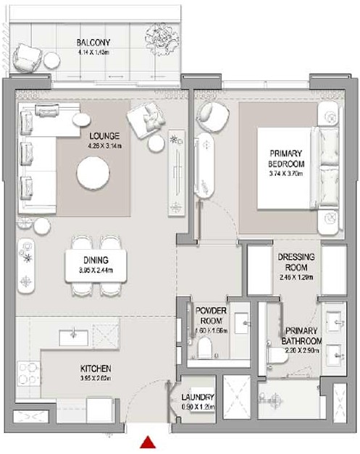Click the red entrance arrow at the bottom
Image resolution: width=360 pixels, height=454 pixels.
coord(149,442)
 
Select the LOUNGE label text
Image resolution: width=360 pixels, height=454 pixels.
coord(104,135)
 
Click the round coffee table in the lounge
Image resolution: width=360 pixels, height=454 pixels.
coord(95,173)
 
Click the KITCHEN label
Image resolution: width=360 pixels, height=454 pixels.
coord(96,369)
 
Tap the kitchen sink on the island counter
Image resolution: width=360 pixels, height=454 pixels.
coord(75,334)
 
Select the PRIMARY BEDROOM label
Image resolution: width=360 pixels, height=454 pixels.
coord(287,159)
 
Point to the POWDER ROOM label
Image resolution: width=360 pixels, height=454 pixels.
coord(212,314)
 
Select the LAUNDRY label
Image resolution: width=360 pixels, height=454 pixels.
coord(197,397)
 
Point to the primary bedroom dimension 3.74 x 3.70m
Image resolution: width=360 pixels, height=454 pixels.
coord(287,175)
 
